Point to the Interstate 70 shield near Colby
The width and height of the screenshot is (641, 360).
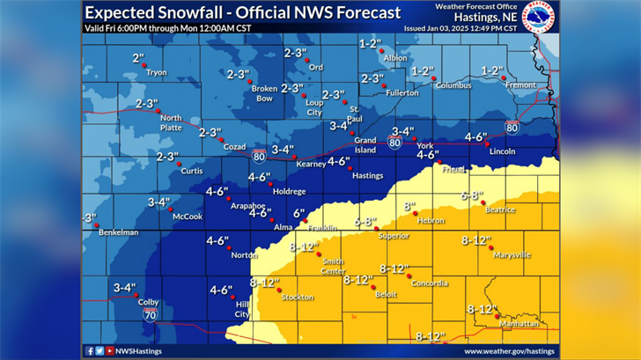(x=151, y=312)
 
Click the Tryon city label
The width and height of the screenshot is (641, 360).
(x=157, y=72)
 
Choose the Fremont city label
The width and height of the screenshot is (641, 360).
(x=521, y=85)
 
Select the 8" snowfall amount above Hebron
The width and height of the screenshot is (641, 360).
(x=409, y=206)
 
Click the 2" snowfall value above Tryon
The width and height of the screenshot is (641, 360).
(x=137, y=58)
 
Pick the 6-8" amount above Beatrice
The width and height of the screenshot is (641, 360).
(x=472, y=195)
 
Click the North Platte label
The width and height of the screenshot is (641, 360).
(x=171, y=122)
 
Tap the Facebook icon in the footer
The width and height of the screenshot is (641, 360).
(x=90, y=350)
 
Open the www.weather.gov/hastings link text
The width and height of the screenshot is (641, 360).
(x=509, y=350)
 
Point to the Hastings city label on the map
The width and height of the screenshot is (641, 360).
(x=367, y=176)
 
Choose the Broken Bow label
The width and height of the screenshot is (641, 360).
(x=264, y=92)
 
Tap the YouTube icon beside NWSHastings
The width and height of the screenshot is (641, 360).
(x=109, y=350)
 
